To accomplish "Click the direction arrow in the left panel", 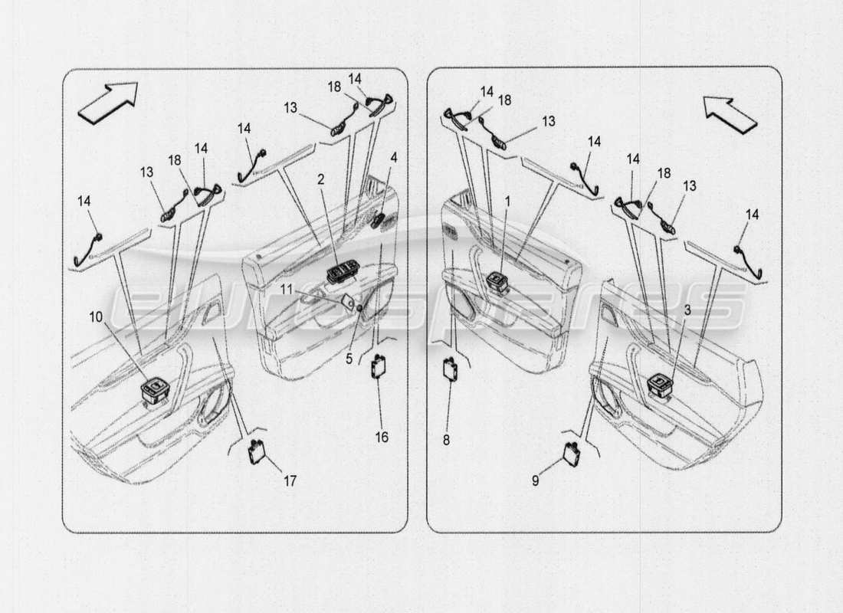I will pyautogui.click(x=107, y=101).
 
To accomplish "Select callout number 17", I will pyautogui.click(x=289, y=480).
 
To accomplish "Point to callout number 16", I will pyautogui.click(x=381, y=437).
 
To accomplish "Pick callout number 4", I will pyautogui.click(x=393, y=158).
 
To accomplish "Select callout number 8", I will pyautogui.click(x=447, y=440).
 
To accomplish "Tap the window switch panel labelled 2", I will pyautogui.click(x=340, y=274).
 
